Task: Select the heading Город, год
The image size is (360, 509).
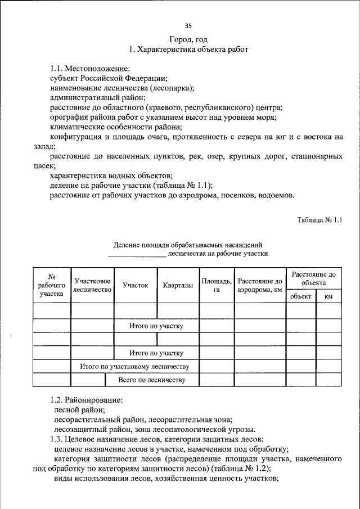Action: (188, 39)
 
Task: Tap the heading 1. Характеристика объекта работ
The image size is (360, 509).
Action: (188, 49)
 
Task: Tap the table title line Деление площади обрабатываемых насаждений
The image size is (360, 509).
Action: (188, 245)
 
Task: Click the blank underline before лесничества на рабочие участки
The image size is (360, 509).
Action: (137, 254)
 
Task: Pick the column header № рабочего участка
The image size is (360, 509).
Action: (51, 284)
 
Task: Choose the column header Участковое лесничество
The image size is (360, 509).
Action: (92, 285)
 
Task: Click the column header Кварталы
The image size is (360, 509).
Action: (178, 285)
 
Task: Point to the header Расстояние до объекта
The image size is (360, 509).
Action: (313, 278)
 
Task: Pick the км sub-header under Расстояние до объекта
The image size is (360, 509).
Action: (328, 296)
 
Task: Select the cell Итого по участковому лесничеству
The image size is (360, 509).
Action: (134, 367)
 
